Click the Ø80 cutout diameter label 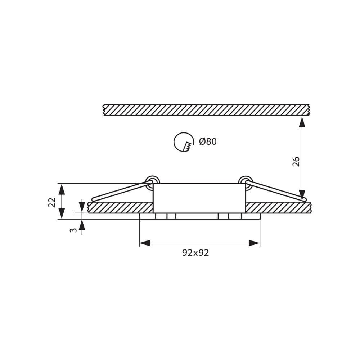coord(208,142)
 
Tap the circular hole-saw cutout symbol coord(184,142)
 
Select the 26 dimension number coord(296,161)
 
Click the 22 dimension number coord(52,202)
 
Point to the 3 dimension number coord(73,230)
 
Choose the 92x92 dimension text coord(195,253)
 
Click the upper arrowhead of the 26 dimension coord(302,122)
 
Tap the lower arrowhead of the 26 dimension coord(302,195)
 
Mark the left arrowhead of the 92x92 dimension coord(145,243)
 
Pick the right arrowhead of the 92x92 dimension coord(254,243)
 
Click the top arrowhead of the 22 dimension coord(62,189)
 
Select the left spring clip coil coord(152,181)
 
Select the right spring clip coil coord(246,181)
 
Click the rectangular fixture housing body coord(199,198)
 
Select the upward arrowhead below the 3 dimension coord(82,225)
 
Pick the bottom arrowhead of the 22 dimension coord(62,213)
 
